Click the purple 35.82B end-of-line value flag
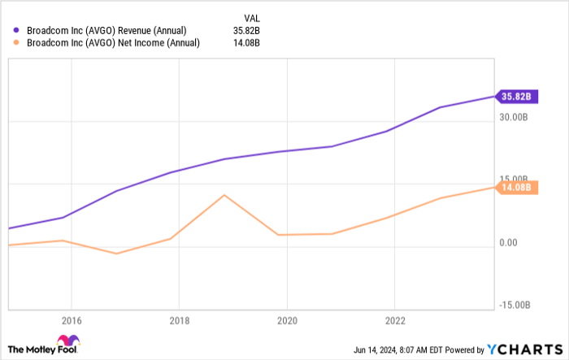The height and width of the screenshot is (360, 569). click(x=515, y=96)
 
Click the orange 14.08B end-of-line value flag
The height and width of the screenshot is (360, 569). click(x=515, y=188)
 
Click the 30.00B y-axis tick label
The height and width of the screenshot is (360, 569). click(x=515, y=117)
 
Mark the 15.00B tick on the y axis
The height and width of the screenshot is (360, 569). click(x=515, y=180)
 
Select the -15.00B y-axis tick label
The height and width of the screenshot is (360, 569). click(x=515, y=306)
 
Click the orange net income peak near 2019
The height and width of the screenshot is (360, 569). click(x=224, y=195)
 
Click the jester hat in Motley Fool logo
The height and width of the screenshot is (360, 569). click(x=67, y=342)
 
